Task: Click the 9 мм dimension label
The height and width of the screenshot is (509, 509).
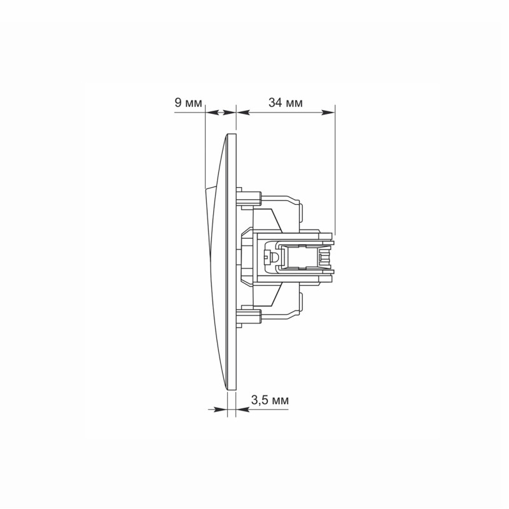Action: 188,102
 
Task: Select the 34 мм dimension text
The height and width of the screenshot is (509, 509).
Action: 285,102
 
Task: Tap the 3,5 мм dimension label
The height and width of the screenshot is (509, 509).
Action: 270,400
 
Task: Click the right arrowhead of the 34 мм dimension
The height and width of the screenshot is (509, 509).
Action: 328,113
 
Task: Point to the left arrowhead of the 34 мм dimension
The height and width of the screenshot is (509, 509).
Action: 243,113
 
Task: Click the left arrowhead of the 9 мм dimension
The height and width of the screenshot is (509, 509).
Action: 211,113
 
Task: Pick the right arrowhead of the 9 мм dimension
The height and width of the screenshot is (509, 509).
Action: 229,113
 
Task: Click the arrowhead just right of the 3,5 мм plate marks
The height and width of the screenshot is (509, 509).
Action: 242,409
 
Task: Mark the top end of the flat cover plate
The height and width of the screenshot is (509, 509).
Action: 232,134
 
